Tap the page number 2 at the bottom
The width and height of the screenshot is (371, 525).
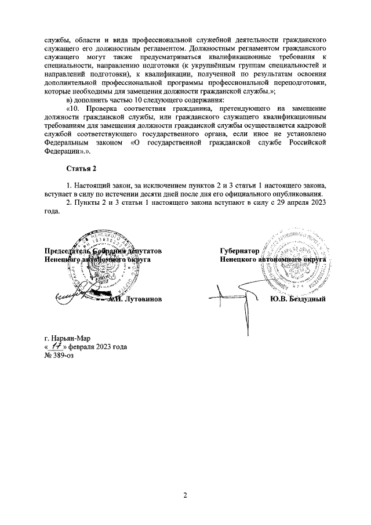point(185,495)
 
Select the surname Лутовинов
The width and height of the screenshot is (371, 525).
point(140,299)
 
